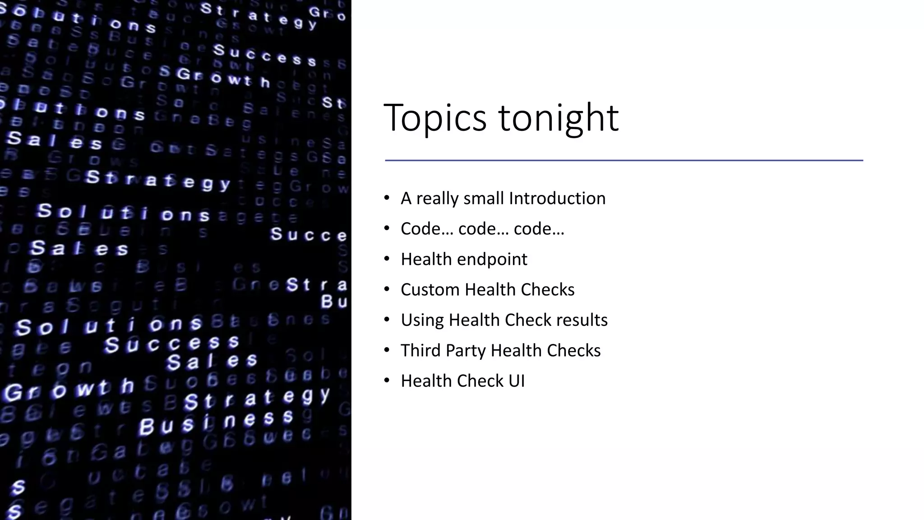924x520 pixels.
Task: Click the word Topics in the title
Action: pyautogui.click(x=434, y=118)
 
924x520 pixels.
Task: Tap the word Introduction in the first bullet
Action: pyautogui.click(x=557, y=198)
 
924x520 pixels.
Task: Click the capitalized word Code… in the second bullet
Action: pyautogui.click(x=426, y=229)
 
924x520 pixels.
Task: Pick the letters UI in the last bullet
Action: pyautogui.click(x=517, y=381)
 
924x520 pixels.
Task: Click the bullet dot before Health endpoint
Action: pyautogui.click(x=387, y=259)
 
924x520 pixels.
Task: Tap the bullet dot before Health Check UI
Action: pyautogui.click(x=387, y=381)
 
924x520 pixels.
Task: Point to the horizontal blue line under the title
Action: pyautogui.click(x=624, y=160)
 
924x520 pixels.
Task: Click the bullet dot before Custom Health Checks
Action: pyautogui.click(x=387, y=289)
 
